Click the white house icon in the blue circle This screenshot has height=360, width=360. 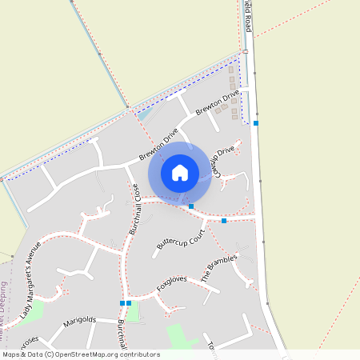click(x=180, y=173)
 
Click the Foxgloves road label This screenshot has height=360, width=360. click(x=171, y=283)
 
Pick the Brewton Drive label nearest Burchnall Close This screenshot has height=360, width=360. click(x=158, y=146)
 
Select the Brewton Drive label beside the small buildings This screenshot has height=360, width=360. click(x=218, y=103)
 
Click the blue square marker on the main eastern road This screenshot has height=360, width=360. click(x=256, y=123)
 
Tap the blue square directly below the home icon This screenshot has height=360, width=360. click(x=191, y=206)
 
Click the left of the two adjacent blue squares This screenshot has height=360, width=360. click(x=122, y=303)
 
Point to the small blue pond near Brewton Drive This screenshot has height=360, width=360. click(x=143, y=115)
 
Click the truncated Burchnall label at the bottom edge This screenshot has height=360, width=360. click(x=121, y=337)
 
